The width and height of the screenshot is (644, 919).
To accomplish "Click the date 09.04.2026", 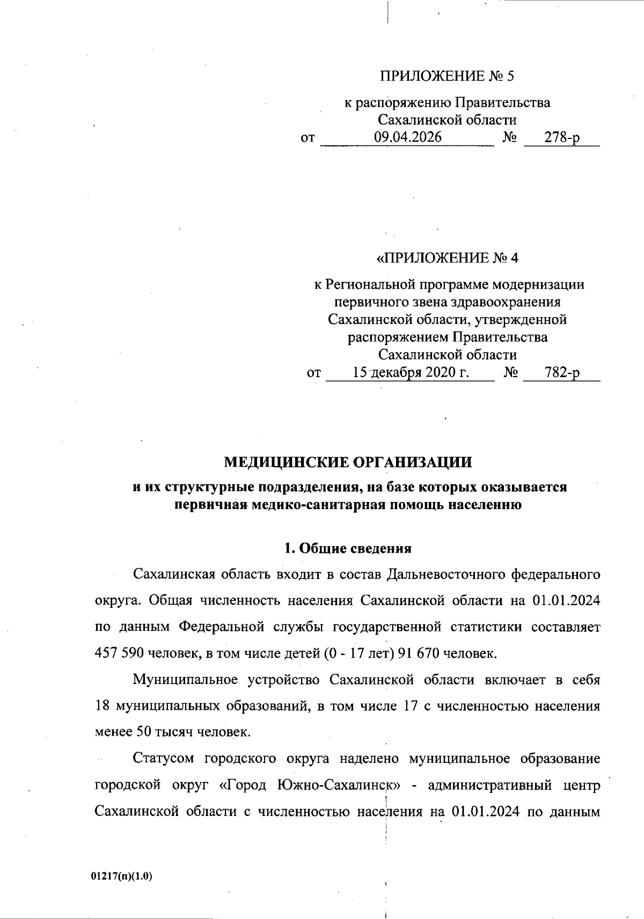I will (408, 138).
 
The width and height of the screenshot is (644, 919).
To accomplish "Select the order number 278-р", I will (562, 138).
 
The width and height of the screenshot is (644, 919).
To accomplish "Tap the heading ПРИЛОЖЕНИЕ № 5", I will (447, 76).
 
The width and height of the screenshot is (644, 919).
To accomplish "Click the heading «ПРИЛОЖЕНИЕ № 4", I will (448, 258).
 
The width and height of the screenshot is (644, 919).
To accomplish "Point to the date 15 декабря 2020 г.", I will (411, 372).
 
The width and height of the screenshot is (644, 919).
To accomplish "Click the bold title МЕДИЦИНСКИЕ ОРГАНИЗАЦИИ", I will (348, 462).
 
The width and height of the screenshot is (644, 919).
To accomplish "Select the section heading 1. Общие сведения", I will (348, 548).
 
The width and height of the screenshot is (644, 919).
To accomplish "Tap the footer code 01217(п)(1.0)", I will (122, 877).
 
